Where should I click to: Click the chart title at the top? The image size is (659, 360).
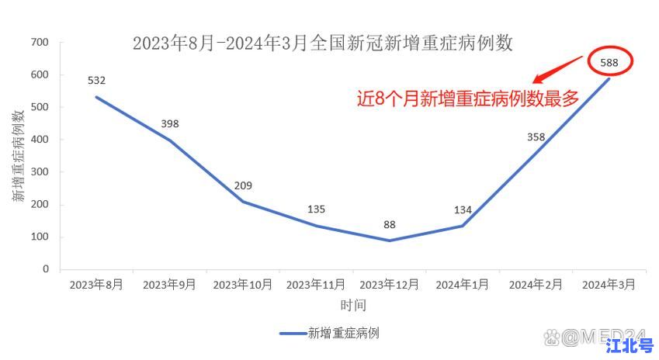click(x=323, y=43)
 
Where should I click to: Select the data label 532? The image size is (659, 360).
click(x=96, y=80)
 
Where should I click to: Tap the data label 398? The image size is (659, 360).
click(x=170, y=124)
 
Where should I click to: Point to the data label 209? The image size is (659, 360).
click(x=243, y=185)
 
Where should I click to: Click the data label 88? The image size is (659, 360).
click(x=390, y=225)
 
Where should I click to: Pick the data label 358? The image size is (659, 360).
click(x=536, y=137)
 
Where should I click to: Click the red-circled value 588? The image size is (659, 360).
click(x=609, y=62)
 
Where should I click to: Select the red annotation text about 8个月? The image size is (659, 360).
click(x=468, y=99)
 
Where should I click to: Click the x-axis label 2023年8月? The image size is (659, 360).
click(x=96, y=285)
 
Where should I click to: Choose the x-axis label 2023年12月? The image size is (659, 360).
click(x=390, y=285)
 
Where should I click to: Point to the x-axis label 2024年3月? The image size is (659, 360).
click(x=609, y=285)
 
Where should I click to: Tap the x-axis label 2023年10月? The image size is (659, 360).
click(x=243, y=285)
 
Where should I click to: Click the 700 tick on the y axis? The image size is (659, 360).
click(x=40, y=43)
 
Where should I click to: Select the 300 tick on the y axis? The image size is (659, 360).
click(x=40, y=172)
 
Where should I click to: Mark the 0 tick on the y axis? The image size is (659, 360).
click(x=46, y=269)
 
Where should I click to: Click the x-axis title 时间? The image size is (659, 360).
click(x=352, y=305)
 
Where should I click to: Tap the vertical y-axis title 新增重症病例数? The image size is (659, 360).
click(x=18, y=156)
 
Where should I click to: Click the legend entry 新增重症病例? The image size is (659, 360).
click(x=329, y=333)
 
